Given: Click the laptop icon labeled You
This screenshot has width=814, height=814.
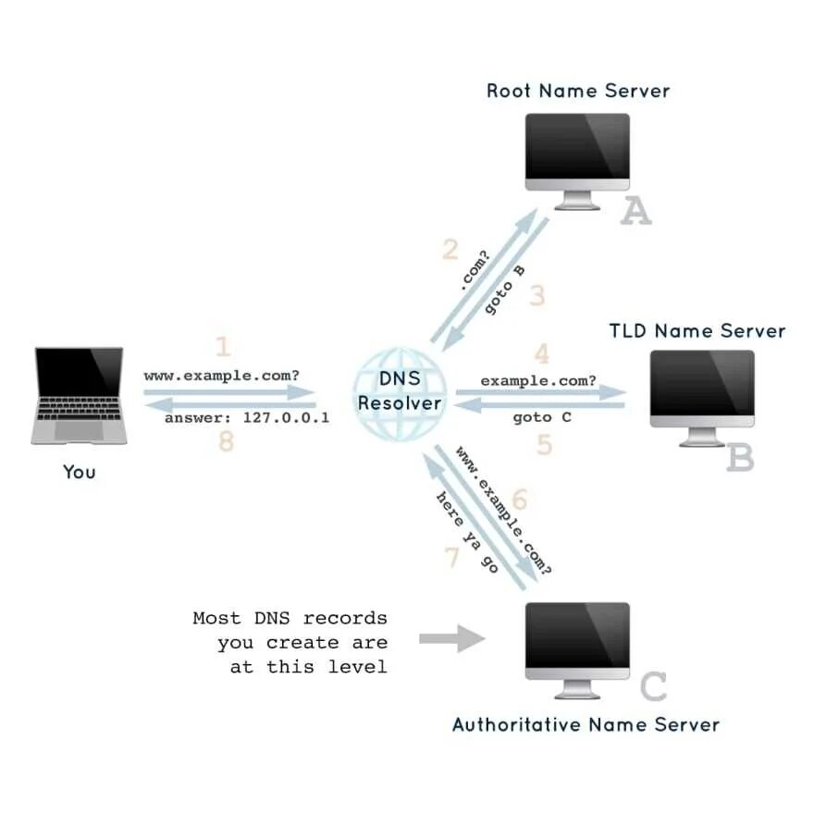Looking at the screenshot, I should [x=79, y=396].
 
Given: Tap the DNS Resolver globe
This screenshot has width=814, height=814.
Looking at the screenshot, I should [x=400, y=393].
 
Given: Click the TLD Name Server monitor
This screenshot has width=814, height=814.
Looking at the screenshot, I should [x=702, y=393].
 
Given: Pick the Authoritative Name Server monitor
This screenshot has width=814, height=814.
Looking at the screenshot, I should [x=577, y=646].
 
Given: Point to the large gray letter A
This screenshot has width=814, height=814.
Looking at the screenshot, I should [x=635, y=213].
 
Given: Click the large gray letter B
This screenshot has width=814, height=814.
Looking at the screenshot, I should [x=740, y=458].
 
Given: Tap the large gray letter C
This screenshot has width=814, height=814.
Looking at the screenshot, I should [x=653, y=687].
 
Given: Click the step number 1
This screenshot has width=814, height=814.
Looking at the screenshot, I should [x=223, y=348].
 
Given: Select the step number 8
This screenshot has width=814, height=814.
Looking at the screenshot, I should [x=227, y=442].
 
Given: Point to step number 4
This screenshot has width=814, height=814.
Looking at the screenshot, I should [x=541, y=354].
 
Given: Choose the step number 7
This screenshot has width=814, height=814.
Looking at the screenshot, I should [x=452, y=559].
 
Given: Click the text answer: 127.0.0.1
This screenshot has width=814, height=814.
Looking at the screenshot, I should [x=247, y=418].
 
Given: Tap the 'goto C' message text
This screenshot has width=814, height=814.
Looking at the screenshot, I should [x=542, y=418].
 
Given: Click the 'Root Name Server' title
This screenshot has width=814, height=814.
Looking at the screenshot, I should [x=577, y=91].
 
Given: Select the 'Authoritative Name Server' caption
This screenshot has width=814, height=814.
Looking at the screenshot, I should [x=585, y=724].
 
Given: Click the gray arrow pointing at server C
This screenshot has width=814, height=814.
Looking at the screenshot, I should [x=451, y=638].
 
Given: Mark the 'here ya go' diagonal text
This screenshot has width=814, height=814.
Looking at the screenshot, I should [x=467, y=532].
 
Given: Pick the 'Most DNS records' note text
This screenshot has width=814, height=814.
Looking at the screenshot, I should [x=290, y=642].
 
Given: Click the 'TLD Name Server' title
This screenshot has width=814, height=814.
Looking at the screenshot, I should [x=697, y=331].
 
